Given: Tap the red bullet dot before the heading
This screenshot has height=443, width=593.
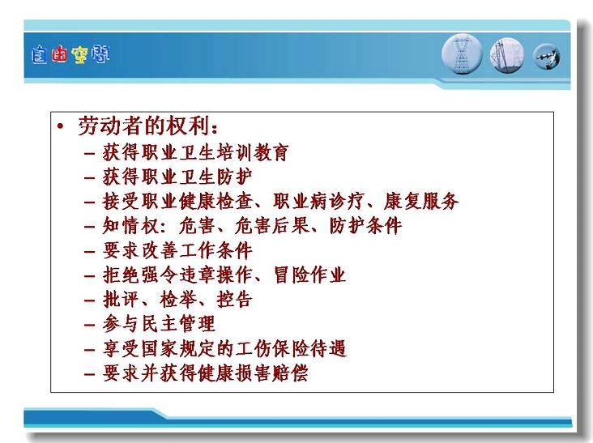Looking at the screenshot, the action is point(60,126).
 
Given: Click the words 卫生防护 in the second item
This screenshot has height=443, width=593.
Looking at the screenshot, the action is point(215,177).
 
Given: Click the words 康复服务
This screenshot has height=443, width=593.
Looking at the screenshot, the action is point(421,201).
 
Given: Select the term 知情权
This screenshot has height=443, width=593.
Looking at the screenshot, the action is point(130,226).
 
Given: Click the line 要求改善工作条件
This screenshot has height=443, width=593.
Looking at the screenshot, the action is point(177,251).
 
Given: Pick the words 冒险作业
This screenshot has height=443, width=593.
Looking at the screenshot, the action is point(309,275).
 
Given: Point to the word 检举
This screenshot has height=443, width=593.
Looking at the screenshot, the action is point(177,300).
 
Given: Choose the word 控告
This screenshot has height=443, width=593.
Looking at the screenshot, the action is point(234,300).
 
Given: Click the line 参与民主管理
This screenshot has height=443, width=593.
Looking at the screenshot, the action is point(159,324).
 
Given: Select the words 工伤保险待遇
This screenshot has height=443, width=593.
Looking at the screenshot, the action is point(290,348).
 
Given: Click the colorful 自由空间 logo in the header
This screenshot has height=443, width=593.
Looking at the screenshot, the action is point(70,55).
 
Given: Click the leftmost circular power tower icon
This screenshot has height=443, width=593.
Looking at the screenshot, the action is point(462,54).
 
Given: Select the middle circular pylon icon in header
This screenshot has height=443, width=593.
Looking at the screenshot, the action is point(507,56).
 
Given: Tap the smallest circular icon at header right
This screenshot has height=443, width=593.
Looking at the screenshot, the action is point(547,57).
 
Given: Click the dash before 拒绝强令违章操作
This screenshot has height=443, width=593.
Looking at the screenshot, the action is point(90,276).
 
